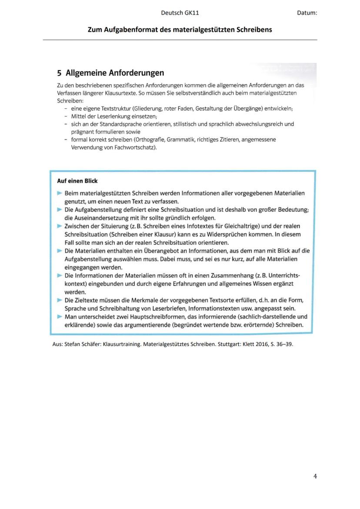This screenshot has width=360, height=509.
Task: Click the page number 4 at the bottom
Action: coord(315,476)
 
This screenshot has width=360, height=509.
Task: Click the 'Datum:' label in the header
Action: coord(307,13)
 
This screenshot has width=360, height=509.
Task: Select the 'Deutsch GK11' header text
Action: coord(180,13)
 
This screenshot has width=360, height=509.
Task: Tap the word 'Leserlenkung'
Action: coord(111,116)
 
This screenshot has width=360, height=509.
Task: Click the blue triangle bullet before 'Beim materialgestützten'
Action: coord(60,193)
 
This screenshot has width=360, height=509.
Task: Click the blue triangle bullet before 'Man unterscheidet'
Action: coord(60,317)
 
